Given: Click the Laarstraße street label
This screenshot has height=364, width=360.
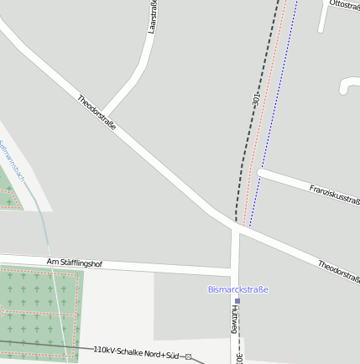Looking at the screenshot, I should (153, 17).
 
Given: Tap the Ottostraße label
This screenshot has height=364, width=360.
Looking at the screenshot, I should (344, 5).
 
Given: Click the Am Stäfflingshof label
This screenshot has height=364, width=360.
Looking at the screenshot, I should (74, 263).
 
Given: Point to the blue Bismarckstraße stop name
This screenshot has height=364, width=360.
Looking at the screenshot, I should (237, 289).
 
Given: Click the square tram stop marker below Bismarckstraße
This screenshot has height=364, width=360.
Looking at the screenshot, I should (237, 300).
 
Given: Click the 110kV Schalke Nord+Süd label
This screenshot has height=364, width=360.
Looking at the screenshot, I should (136, 353).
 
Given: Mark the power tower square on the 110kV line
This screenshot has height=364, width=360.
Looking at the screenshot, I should (188, 357).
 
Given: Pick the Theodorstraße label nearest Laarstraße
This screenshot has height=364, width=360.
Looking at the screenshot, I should (97, 112).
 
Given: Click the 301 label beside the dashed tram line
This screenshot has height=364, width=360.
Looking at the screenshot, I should (256, 99).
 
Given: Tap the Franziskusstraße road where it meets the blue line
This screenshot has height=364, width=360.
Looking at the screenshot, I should (263, 172).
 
